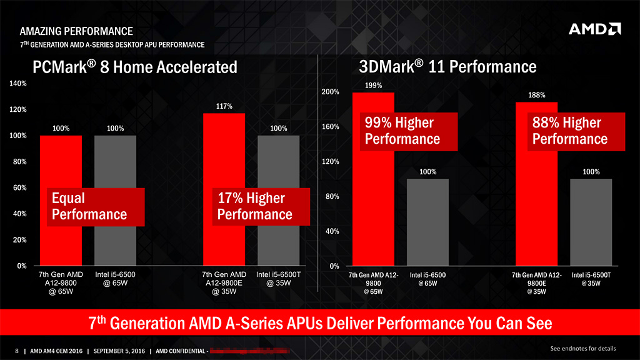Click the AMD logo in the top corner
tap(594, 30)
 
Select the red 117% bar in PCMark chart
tap(223, 156)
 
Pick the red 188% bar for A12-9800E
tap(536, 206)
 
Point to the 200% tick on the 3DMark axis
tap(330, 92)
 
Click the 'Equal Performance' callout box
tap(96, 207)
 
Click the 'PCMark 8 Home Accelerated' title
tap(134, 67)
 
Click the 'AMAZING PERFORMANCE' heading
tap(76, 31)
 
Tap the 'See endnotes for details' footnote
tap(582, 348)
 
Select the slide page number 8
tap(17, 351)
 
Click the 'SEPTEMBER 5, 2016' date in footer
tap(119, 351)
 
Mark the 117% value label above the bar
tap(224, 106)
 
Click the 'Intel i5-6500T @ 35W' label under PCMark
tap(279, 279)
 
